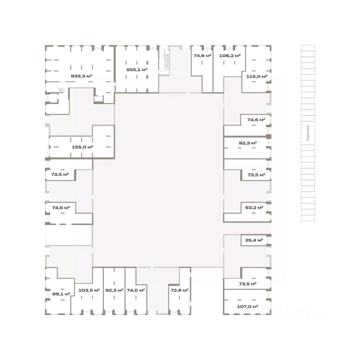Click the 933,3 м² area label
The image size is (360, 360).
pyautogui.click(x=81, y=76)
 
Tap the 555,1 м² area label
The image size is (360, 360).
pyautogui.click(x=137, y=70)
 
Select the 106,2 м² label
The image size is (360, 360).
pyautogui.click(x=230, y=55)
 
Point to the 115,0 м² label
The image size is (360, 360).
pyautogui.click(x=256, y=76)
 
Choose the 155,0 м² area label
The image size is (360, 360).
pyautogui.click(x=82, y=147)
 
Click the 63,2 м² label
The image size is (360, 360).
pyautogui.click(x=254, y=207)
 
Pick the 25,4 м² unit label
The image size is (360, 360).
pyautogui.click(x=254, y=240)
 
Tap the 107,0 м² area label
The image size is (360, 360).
pyautogui.click(x=247, y=306)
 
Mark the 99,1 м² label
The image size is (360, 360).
pyautogui.click(x=61, y=294)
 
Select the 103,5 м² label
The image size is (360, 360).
pyautogui.click(x=89, y=290)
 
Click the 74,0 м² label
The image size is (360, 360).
pyautogui.click(x=136, y=290)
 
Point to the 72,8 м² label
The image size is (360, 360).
pyautogui.click(x=180, y=290)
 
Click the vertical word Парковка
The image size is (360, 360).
pyautogui.click(x=307, y=133)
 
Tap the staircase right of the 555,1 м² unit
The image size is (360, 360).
pyautogui.click(x=167, y=60)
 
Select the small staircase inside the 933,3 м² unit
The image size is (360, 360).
pyautogui.click(x=61, y=90)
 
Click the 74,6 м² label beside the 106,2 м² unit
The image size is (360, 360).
pyautogui.click(x=202, y=55)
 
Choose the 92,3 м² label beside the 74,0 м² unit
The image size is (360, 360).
pyautogui.click(x=114, y=290)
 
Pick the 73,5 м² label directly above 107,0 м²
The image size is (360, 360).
pyautogui.click(x=247, y=284)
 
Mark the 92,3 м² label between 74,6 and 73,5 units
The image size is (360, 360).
pyautogui.click(x=247, y=143)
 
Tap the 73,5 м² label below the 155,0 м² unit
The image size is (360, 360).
pyautogui.click(x=60, y=174)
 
